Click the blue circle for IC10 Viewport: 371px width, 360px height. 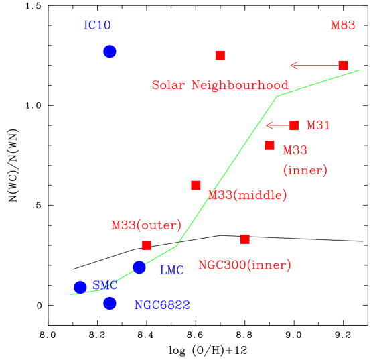click(110, 52)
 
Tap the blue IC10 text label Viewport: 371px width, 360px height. click(97, 25)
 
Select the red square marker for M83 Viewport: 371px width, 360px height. click(343, 65)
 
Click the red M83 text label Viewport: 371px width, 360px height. click(342, 25)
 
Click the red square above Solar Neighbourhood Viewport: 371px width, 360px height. click(220, 55)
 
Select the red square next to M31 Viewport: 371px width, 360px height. click(293, 125)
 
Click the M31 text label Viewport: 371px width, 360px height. click(317, 125)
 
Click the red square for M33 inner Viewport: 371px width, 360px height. click(269, 145)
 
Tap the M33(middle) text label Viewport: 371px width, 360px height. click(248, 196)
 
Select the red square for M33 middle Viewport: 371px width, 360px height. click(196, 185)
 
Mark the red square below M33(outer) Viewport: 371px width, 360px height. click(147, 245)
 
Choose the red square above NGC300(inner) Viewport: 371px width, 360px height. click(244, 239)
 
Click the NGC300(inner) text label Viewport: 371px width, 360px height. click(244, 265)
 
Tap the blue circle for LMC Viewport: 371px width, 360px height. click(139, 267)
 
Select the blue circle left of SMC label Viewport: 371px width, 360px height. click(80, 287)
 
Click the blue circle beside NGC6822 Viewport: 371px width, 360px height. click(110, 303)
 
